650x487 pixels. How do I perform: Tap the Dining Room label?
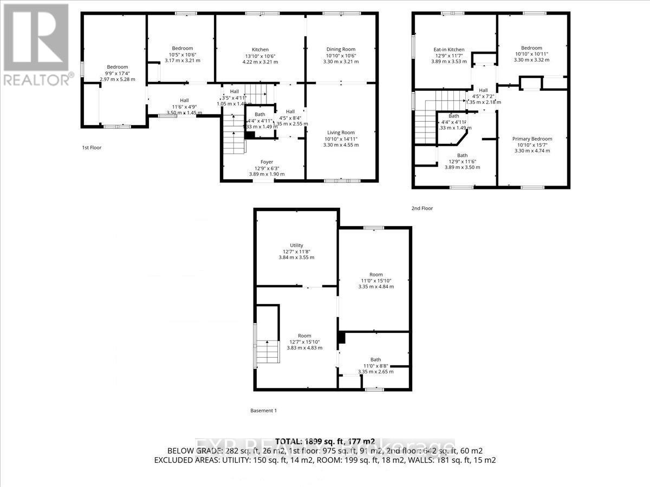pos(341,49)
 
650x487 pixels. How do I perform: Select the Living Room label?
pos(341,133)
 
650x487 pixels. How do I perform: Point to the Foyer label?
pos(266,162)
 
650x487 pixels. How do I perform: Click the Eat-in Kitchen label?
pos(449,50)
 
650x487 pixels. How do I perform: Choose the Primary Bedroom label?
pos(532,139)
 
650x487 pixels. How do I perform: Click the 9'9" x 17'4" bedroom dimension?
pos(117,73)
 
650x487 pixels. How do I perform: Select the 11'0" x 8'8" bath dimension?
pos(375,366)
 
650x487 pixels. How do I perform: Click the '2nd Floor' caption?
pos(422,208)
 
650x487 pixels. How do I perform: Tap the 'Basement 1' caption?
pos(264,410)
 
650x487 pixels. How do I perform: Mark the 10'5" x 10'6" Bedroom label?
pos(183,48)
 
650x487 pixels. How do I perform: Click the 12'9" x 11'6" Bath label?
pos(462,155)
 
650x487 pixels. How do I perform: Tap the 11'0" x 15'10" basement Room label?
pos(376,274)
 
